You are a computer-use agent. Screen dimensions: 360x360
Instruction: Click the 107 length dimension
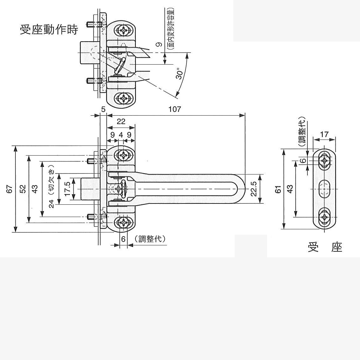pos(174,109)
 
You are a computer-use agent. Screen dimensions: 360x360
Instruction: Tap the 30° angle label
pos(180,73)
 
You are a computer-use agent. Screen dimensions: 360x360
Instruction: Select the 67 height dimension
pos(10,189)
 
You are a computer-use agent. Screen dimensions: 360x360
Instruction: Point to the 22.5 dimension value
pos(254,189)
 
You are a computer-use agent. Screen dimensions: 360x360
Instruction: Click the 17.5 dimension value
pos(67,189)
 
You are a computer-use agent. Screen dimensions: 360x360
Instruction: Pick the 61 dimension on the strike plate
pos(278,189)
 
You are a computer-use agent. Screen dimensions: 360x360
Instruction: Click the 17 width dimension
pos(324,134)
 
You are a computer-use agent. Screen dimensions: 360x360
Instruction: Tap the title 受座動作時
pos(49,30)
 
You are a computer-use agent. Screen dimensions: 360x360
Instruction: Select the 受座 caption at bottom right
pos(325,248)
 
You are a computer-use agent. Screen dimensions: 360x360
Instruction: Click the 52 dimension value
pos(23,189)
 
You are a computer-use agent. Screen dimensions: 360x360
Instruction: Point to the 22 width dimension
pos(121,122)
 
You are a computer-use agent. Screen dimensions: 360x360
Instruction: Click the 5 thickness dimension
pos(103,109)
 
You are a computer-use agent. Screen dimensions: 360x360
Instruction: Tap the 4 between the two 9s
pos(121,135)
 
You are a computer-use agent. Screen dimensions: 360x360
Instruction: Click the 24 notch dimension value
pos(52,204)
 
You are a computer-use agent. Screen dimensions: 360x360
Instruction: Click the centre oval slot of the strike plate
pos(324,189)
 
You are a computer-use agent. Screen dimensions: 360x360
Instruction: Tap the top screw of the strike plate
pos(324,161)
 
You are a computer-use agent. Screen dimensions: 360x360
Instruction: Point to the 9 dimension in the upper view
pos(160,44)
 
